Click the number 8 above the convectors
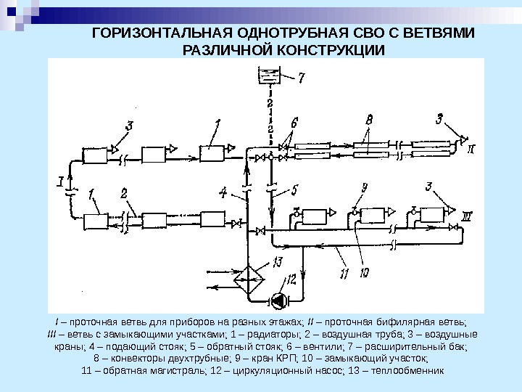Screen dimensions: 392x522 pos(370,118)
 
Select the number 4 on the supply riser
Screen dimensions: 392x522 pos(223,192)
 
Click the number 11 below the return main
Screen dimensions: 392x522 pos(344,272)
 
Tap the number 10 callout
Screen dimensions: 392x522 pos(364,272)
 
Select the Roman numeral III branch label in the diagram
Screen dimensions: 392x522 pos(467,215)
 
